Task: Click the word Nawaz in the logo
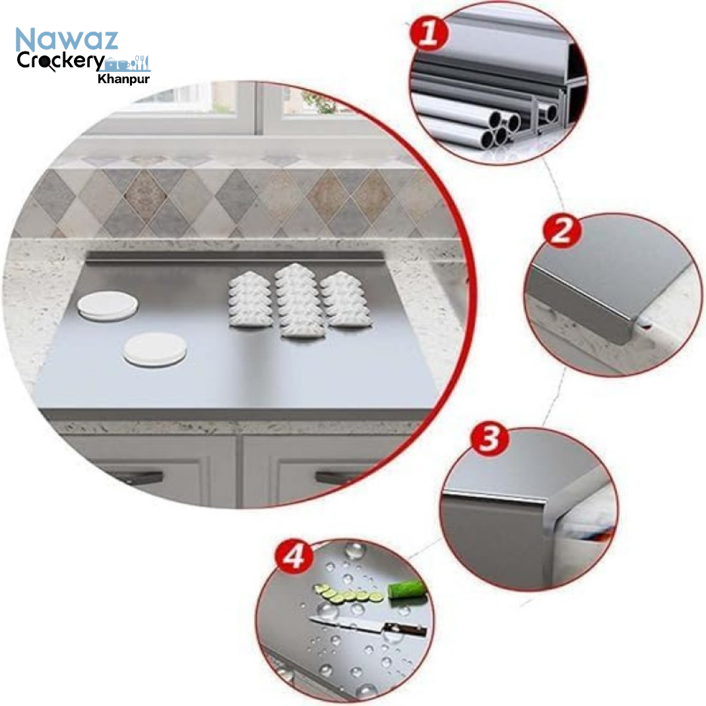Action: (67, 40)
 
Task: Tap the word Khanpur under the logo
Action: (123, 79)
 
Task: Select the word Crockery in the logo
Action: (60, 61)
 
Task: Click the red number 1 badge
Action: (428, 32)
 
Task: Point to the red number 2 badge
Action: (561, 231)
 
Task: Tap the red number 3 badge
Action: (490, 438)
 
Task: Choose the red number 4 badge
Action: (294, 557)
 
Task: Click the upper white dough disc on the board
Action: (108, 307)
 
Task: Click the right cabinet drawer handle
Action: (336, 476)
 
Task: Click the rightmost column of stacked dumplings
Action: (346, 299)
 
